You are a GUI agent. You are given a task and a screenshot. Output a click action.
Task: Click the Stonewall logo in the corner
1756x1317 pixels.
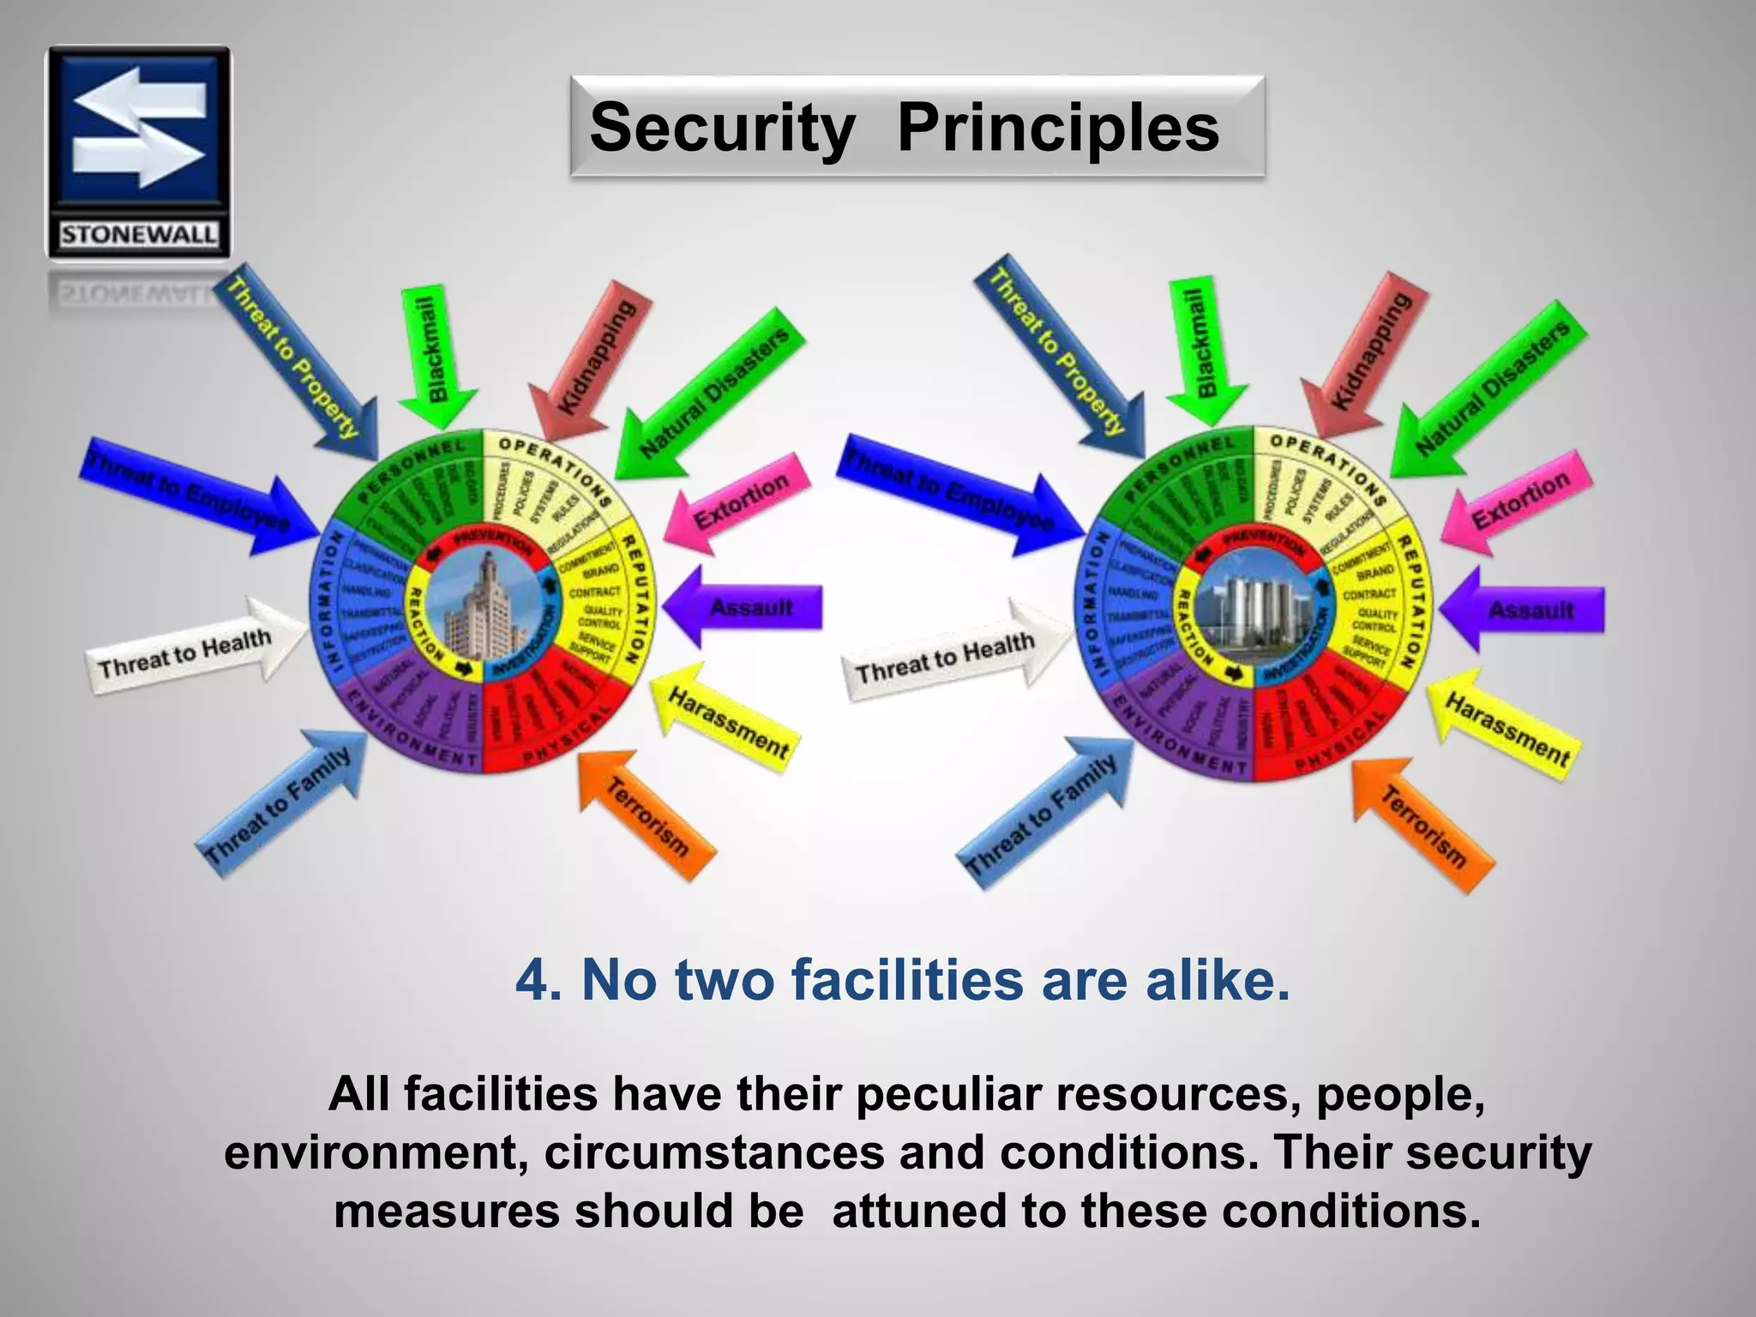138,152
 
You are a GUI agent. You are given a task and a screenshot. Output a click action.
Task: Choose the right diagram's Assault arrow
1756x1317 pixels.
1526,610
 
